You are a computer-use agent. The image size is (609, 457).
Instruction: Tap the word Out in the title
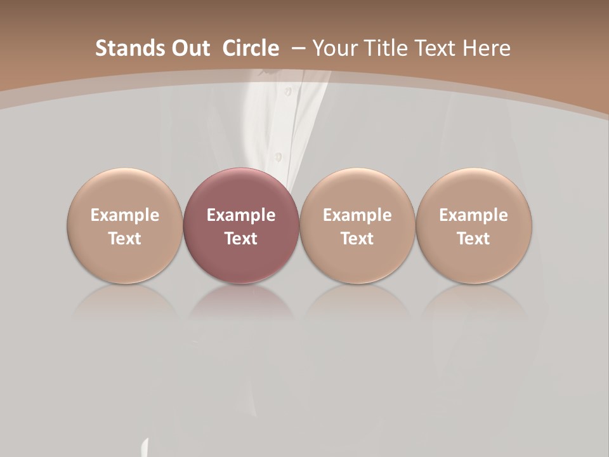(x=189, y=48)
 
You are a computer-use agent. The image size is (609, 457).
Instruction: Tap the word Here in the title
(x=487, y=48)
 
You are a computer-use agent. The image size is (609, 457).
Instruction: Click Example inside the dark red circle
(x=241, y=215)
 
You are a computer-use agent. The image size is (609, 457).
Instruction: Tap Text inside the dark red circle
(x=241, y=239)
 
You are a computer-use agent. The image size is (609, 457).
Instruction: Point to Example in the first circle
(x=124, y=215)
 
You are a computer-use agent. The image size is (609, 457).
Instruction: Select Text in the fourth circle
(x=473, y=239)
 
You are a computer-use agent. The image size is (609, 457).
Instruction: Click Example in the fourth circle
(x=473, y=215)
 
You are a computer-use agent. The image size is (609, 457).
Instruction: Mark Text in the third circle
(x=357, y=239)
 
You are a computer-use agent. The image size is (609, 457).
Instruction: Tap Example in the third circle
(x=357, y=215)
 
